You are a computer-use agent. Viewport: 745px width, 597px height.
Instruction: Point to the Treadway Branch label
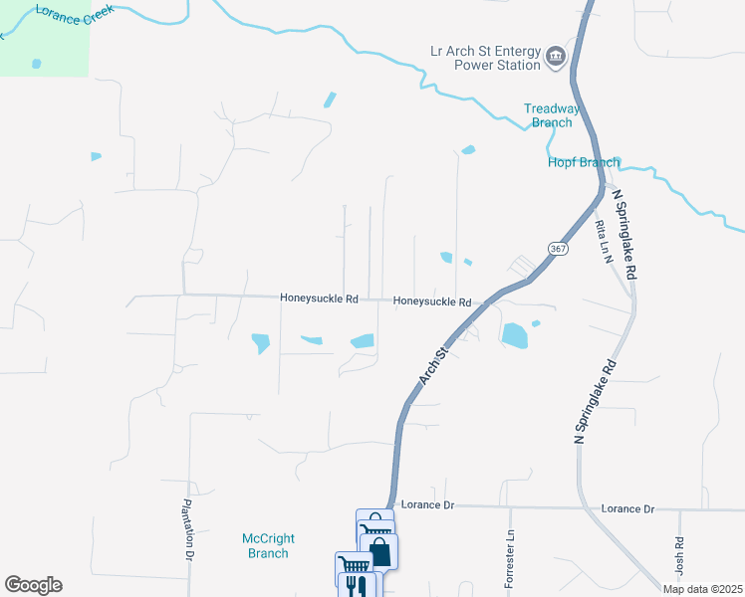tap(551, 115)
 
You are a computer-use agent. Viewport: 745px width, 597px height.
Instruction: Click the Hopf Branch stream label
tap(584, 162)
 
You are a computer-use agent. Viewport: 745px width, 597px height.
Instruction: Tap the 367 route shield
tap(557, 248)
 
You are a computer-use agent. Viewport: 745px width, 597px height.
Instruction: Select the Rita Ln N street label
tap(602, 242)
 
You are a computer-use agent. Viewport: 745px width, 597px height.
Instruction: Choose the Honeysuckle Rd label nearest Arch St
tap(431, 301)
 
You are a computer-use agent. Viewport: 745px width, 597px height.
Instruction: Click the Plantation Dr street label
tap(186, 529)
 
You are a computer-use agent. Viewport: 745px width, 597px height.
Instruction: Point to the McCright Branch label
tap(266, 546)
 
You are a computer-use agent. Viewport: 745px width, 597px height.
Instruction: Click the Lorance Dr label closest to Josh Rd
tap(627, 508)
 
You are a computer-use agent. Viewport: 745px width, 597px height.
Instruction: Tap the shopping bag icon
tap(379, 552)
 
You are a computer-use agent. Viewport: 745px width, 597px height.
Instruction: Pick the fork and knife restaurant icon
tap(358, 586)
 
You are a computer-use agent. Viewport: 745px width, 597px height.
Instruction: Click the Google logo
tap(33, 585)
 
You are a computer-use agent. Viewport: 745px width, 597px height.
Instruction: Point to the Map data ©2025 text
tap(702, 589)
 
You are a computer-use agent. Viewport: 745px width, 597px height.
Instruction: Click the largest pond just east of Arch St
tap(514, 335)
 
